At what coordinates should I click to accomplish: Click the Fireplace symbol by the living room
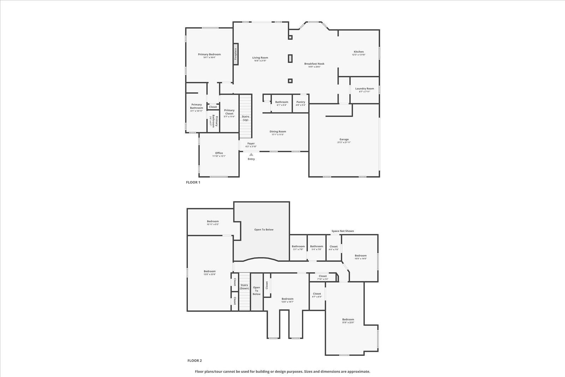pos(236,54)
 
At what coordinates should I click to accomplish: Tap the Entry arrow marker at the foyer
pos(251,154)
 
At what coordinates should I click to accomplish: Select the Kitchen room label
pos(358,52)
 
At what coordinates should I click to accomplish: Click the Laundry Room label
pos(364,89)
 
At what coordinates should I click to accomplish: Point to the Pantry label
pos(301,102)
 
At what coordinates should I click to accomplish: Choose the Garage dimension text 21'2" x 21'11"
pos(344,142)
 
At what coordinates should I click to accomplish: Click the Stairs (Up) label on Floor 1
pos(245,118)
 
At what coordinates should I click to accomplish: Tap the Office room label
pos(219,153)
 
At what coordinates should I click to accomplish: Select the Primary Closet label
pos(229,112)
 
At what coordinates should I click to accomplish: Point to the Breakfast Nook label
pos(314,64)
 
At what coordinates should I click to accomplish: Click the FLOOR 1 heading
pos(193,182)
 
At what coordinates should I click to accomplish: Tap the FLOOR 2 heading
pos(194,361)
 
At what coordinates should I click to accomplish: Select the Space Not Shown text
pos(343,231)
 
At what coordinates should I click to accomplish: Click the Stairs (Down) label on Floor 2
pos(244,287)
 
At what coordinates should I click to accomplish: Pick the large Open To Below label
pos(264,230)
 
